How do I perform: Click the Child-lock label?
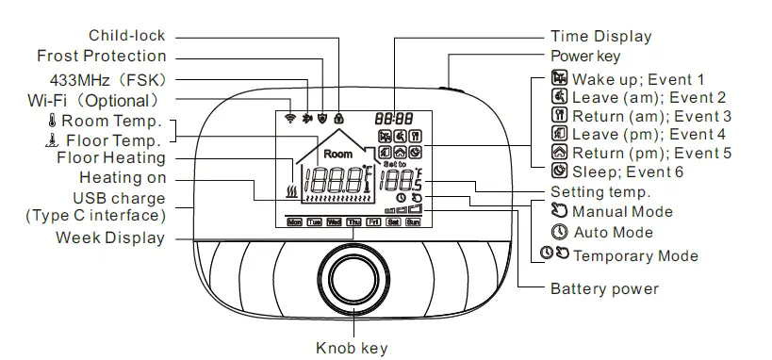(x=126, y=36)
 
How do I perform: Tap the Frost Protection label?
(x=101, y=57)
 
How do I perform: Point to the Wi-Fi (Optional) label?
(x=92, y=99)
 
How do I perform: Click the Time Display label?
(x=600, y=37)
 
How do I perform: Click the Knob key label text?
(x=352, y=349)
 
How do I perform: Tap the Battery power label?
(x=604, y=288)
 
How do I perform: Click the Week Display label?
(x=109, y=237)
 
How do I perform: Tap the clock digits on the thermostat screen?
(x=392, y=120)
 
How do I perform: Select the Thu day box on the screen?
(x=353, y=223)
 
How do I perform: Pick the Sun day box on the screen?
(x=412, y=223)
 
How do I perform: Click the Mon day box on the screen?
(x=294, y=223)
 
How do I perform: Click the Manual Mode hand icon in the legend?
(x=559, y=212)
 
